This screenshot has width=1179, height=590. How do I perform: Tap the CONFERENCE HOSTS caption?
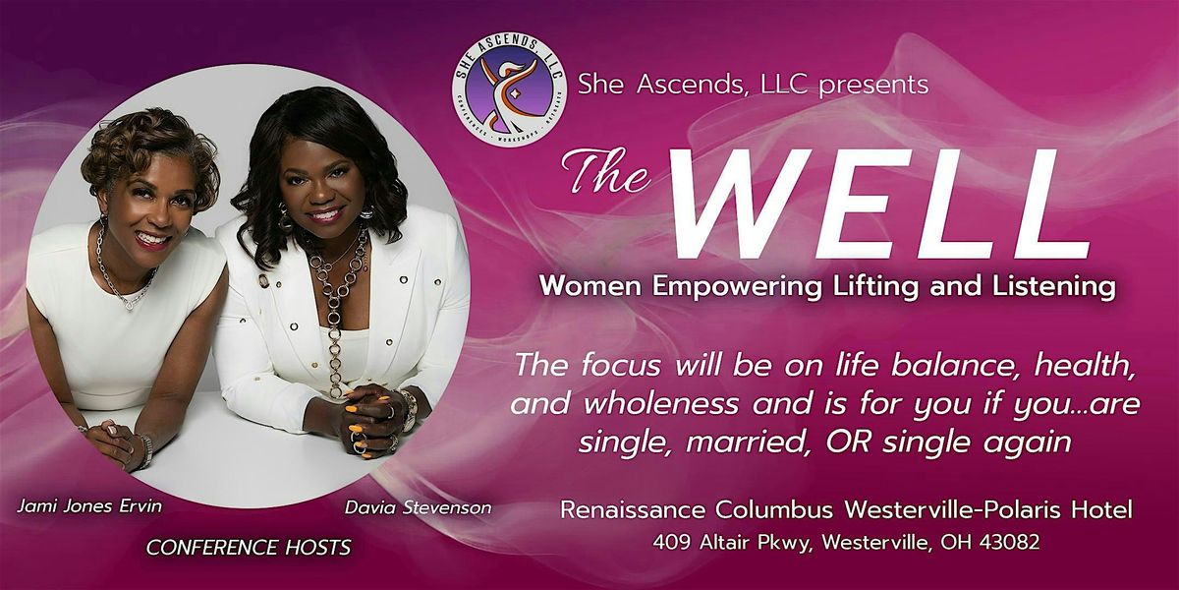point(249,548)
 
